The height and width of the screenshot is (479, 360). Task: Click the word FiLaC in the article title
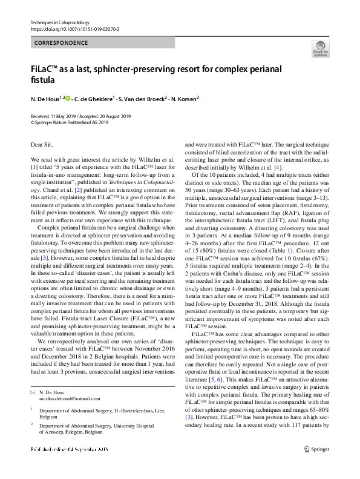point(46,68)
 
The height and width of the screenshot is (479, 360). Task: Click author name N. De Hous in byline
point(46,98)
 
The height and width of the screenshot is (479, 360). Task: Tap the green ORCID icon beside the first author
point(68,97)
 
